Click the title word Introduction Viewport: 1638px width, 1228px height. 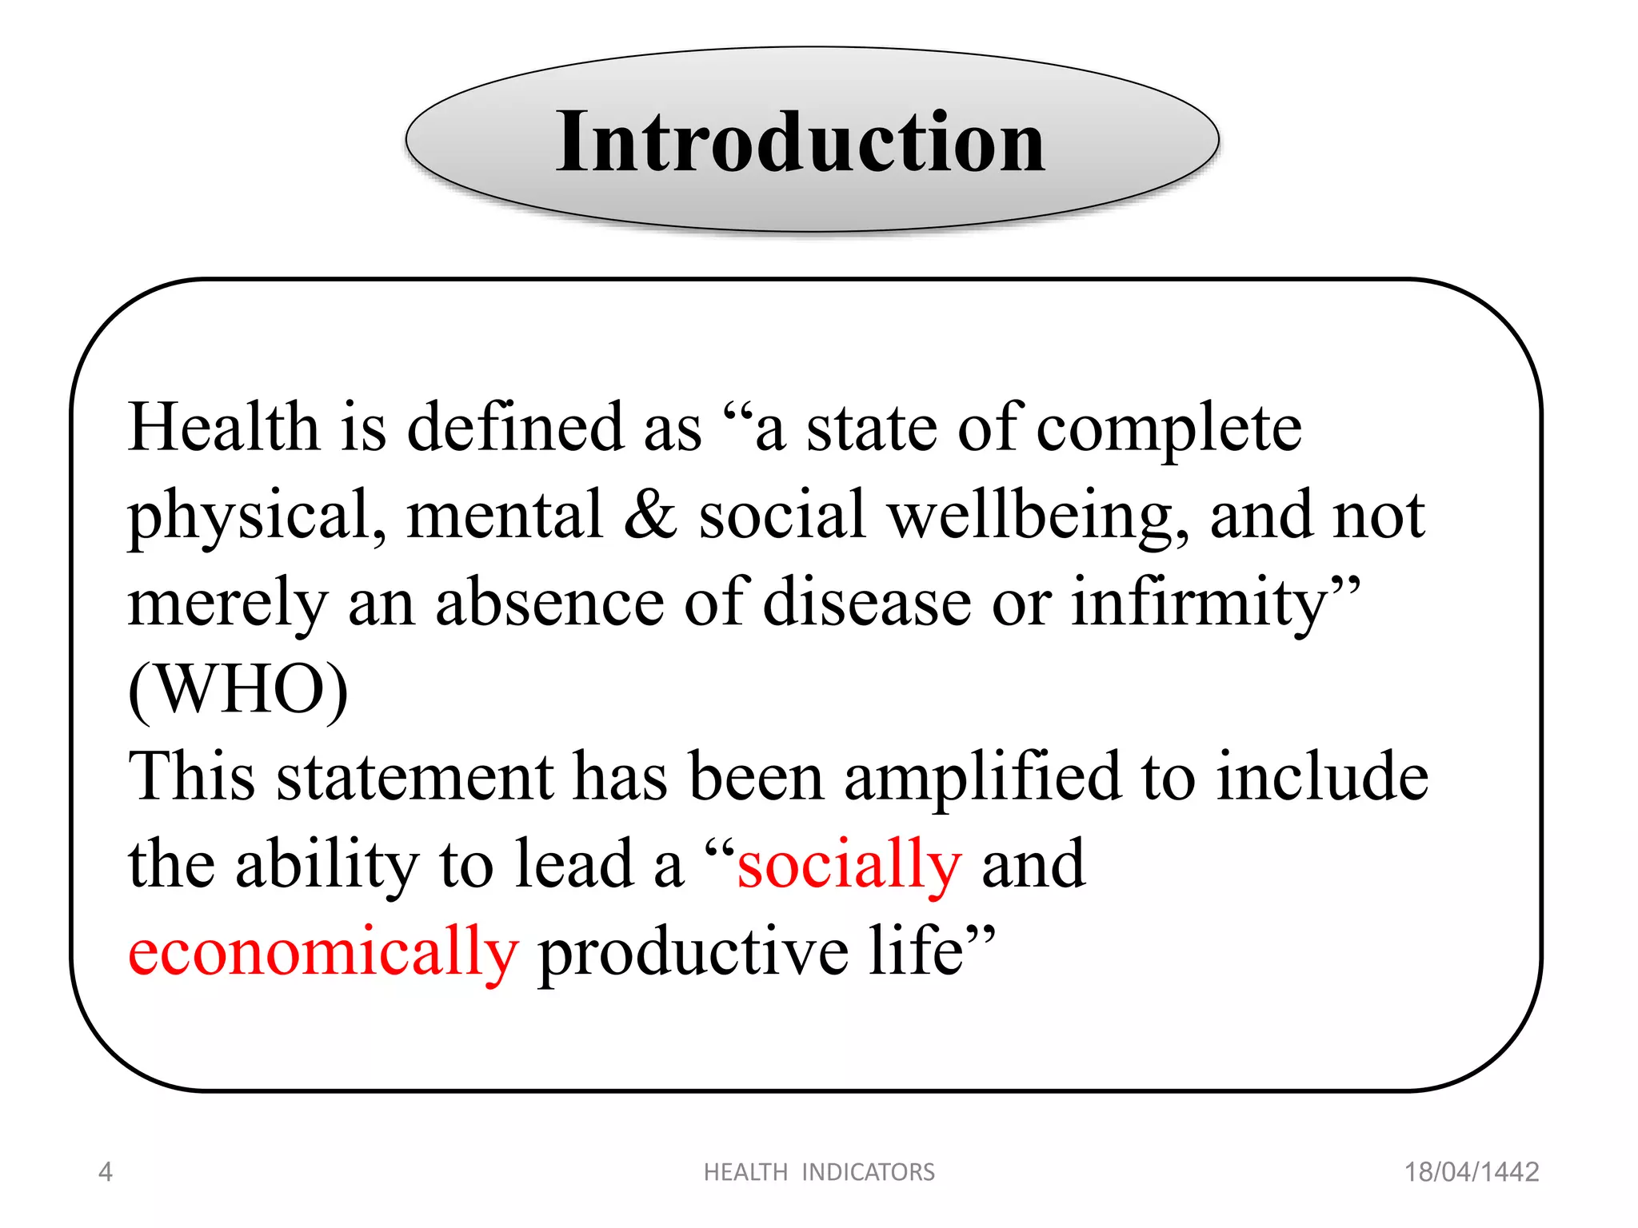coord(801,142)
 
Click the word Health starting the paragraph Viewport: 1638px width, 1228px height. coord(223,428)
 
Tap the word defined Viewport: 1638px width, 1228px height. coord(515,428)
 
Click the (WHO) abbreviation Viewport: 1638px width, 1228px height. coord(238,689)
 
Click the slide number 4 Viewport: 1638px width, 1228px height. coord(105,1172)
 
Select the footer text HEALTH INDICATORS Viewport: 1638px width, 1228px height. coord(819,1172)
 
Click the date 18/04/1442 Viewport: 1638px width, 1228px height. coord(1471,1172)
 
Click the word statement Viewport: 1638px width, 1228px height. coord(415,778)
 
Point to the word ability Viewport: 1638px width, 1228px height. coord(326,866)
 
